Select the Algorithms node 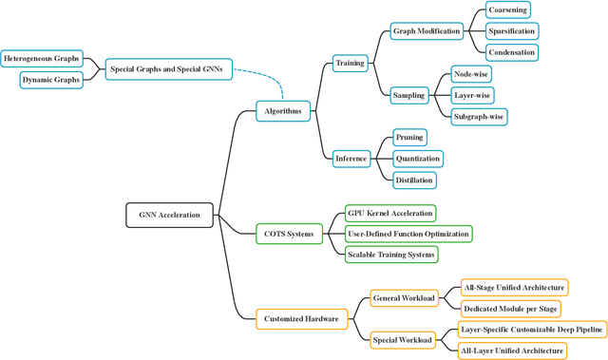tap(283, 111)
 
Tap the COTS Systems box tap(288, 234)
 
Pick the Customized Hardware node tap(300, 319)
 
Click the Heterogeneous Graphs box tap(41, 59)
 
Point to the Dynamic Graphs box tap(50, 80)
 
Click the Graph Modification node tap(427, 30)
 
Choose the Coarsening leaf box tap(508, 9)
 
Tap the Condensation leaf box tap(512, 51)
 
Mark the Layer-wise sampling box tap(472, 95)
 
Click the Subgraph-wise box tap(479, 116)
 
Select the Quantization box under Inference tap(418, 159)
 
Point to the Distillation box tap(414, 180)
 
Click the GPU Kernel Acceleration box tap(389, 213)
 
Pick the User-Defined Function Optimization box tap(408, 234)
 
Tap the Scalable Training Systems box tap(392, 254)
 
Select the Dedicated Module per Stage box tap(511, 309)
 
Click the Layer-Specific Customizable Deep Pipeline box tap(531, 330)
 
